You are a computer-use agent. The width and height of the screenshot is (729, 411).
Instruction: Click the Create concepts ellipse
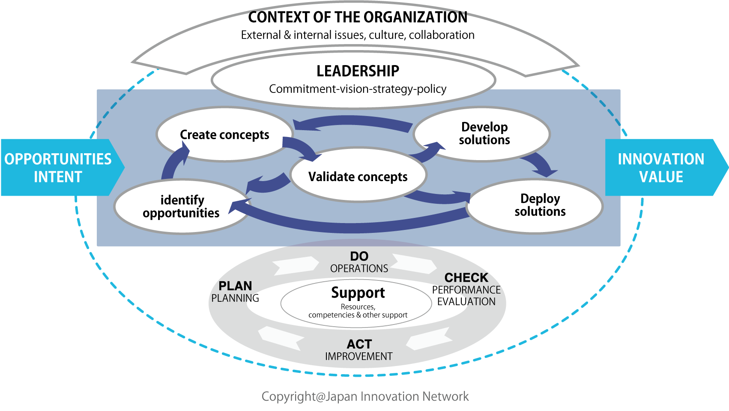(x=224, y=134)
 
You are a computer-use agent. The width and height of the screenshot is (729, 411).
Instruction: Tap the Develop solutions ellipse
(x=482, y=134)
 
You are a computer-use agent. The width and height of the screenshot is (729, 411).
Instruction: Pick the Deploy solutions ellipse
(x=535, y=206)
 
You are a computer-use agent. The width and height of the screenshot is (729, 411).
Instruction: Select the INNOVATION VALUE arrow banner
(x=666, y=167)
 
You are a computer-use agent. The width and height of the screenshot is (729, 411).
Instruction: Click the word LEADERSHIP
(x=358, y=71)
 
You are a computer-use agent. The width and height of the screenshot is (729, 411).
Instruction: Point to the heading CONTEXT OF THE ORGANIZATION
(x=358, y=17)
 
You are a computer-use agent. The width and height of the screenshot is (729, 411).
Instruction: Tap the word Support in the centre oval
(x=358, y=292)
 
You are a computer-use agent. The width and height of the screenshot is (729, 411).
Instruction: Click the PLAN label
(x=235, y=286)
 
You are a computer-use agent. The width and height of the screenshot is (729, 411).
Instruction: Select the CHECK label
(x=466, y=277)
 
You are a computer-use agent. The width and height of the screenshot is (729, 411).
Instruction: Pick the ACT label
(x=359, y=344)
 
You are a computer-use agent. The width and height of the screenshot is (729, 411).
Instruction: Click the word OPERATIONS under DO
(x=359, y=268)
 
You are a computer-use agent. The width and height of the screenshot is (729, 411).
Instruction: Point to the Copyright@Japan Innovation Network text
(x=365, y=396)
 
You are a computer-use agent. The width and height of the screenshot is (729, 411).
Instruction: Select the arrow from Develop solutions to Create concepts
(x=352, y=122)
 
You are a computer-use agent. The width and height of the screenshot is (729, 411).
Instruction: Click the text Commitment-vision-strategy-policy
(x=358, y=89)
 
